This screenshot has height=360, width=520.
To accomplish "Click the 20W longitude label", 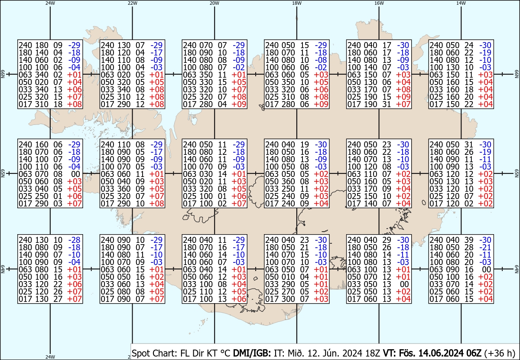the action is pyautogui.click(x=214, y=3).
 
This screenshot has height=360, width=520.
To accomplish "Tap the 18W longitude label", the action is pyautogui.click(x=297, y=3).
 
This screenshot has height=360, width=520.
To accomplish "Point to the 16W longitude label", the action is pyautogui.click(x=379, y=3).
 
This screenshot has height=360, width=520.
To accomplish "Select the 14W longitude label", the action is pyautogui.click(x=461, y=3).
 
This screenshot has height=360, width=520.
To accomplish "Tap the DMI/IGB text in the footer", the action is pyautogui.click(x=252, y=353).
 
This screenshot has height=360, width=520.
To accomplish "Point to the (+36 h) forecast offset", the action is pyautogui.click(x=500, y=353).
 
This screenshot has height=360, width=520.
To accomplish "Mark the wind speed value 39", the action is pyautogui.click(x=469, y=240).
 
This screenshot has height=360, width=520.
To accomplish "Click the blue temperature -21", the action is pyautogui.click(x=485, y=247).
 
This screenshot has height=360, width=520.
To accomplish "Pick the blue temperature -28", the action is pyautogui.click(x=74, y=240).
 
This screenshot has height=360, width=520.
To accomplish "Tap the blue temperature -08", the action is pyautogui.click(x=321, y=60).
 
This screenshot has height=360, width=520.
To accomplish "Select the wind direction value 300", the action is pyautogui.click(x=288, y=299).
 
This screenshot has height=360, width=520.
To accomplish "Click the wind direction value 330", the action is pyautogui.click(x=206, y=82).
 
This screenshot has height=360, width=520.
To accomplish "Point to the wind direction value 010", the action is pyautogui.click(x=288, y=277).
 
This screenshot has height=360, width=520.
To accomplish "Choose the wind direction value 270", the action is pyautogui.click(x=288, y=291).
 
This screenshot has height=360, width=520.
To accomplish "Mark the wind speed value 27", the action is pyautogui.click(x=58, y=299).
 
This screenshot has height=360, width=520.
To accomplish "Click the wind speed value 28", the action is pyautogui.click(x=469, y=247).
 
